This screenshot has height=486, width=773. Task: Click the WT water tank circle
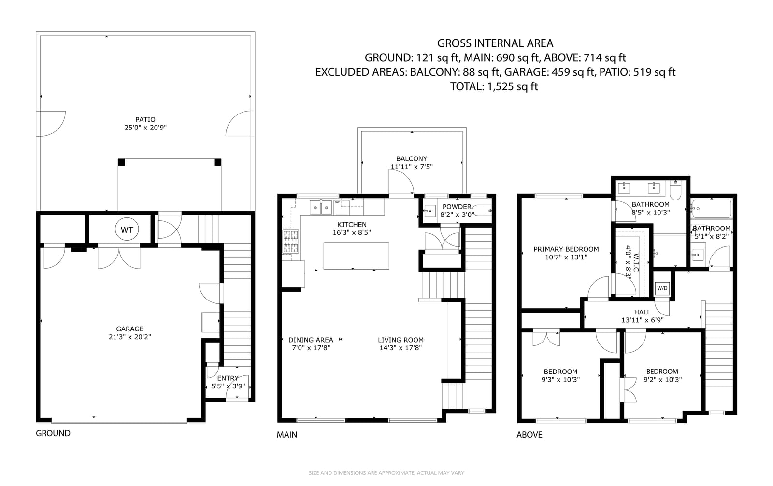pos(127,229)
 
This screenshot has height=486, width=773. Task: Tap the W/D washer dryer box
pos(662,288)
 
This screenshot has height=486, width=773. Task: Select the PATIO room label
pos(145,119)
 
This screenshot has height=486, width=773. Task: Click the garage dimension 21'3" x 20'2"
pos(130,337)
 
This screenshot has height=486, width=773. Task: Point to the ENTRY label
pos(228,378)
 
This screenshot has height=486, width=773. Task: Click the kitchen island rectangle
pos(356,256)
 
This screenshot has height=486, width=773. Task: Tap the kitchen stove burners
pos(290,242)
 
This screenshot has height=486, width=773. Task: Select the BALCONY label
pos(411,159)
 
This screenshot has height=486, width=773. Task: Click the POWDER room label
pos(457,207)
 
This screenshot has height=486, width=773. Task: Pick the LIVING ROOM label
pos(401,340)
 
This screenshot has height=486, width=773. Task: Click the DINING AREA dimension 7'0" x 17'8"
pos(311,348)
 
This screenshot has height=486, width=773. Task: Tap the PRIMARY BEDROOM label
pos(566,249)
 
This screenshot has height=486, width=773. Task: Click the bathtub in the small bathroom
pos(712,209)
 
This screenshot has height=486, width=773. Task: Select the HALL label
pos(642,312)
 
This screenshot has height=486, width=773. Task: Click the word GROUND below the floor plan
pos(53,433)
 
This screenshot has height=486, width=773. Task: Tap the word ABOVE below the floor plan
pos(530,435)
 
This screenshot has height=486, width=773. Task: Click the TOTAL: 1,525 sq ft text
pos(494,86)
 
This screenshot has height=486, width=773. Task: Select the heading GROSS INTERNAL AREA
pos(495,43)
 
